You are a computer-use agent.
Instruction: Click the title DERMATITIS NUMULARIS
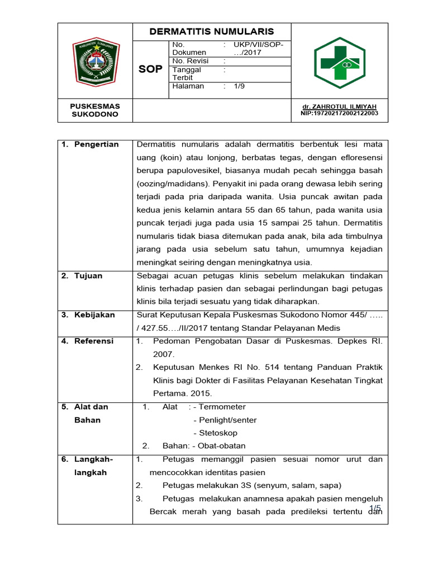pyautogui.click(x=212, y=31)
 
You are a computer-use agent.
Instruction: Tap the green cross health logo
pyautogui.click(x=339, y=63)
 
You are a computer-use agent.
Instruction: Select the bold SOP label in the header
pyautogui.click(x=150, y=69)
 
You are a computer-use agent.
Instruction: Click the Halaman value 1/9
pyautogui.click(x=239, y=87)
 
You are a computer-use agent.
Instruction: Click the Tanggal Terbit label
pyautogui.click(x=187, y=74)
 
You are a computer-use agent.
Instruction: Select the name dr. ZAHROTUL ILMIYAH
pyautogui.click(x=339, y=106)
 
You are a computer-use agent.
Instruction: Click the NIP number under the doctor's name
pyautogui.click(x=339, y=113)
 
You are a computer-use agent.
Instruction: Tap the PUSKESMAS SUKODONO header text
pyautogui.click(x=94, y=110)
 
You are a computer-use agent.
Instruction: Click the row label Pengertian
pyautogui.click(x=97, y=144)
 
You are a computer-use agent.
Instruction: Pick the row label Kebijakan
pyautogui.click(x=94, y=315)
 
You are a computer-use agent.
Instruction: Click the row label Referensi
pyautogui.click(x=94, y=341)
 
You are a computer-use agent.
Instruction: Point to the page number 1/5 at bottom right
pyautogui.click(x=374, y=508)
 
